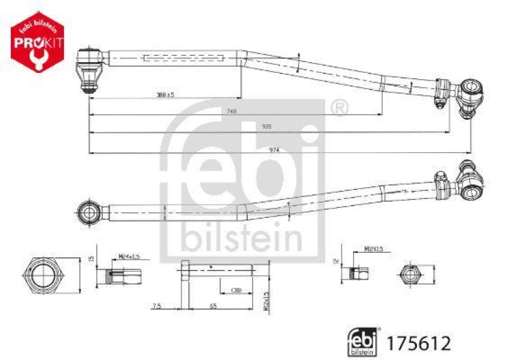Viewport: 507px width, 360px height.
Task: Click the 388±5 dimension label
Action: (x=165, y=94)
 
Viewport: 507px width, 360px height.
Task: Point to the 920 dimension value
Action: (x=267, y=127)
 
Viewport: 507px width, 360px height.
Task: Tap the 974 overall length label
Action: (x=274, y=150)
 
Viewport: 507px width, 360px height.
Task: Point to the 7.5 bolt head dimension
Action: (x=157, y=307)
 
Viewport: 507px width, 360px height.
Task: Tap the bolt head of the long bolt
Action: (x=183, y=269)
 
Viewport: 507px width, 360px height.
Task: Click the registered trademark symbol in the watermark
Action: (x=340, y=108)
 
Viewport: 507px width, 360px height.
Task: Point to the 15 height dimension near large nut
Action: (x=91, y=259)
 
